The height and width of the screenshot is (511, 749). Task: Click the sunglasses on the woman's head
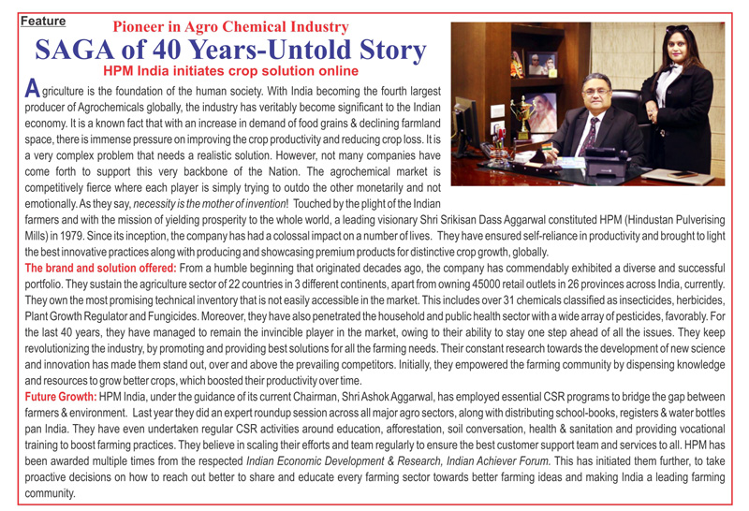676,33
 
